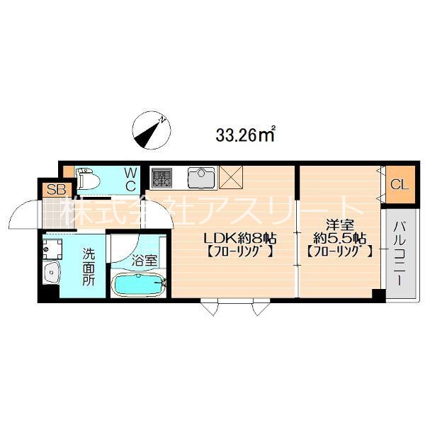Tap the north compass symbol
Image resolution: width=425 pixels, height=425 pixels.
149,131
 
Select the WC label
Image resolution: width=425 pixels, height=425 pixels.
131,178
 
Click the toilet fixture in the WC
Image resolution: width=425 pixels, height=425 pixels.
89,180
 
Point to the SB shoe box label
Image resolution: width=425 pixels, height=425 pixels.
52,190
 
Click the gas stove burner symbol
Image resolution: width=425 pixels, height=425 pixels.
161,177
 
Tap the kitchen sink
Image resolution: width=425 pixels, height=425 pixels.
201,177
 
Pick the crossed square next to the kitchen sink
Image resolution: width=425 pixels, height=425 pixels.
232,176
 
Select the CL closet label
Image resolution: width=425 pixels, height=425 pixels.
398,186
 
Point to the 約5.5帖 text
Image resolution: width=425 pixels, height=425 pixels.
336,238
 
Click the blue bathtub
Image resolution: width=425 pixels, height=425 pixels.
140,287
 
